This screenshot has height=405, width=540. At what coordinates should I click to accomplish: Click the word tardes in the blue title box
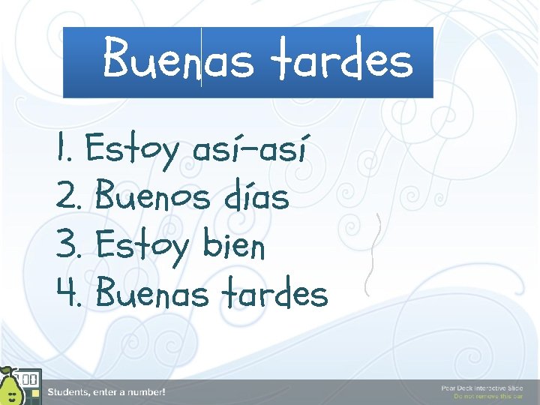[342, 60]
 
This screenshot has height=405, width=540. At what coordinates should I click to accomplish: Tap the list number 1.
[63, 149]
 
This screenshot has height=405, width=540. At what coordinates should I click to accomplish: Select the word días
[256, 198]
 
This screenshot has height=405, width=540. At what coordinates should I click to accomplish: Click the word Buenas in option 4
[153, 293]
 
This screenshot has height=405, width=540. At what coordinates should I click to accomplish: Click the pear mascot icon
[10, 388]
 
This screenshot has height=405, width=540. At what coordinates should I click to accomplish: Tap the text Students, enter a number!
[106, 392]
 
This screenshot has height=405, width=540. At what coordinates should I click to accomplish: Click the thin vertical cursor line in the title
[201, 58]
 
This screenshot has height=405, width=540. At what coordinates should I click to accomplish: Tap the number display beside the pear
[29, 379]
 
